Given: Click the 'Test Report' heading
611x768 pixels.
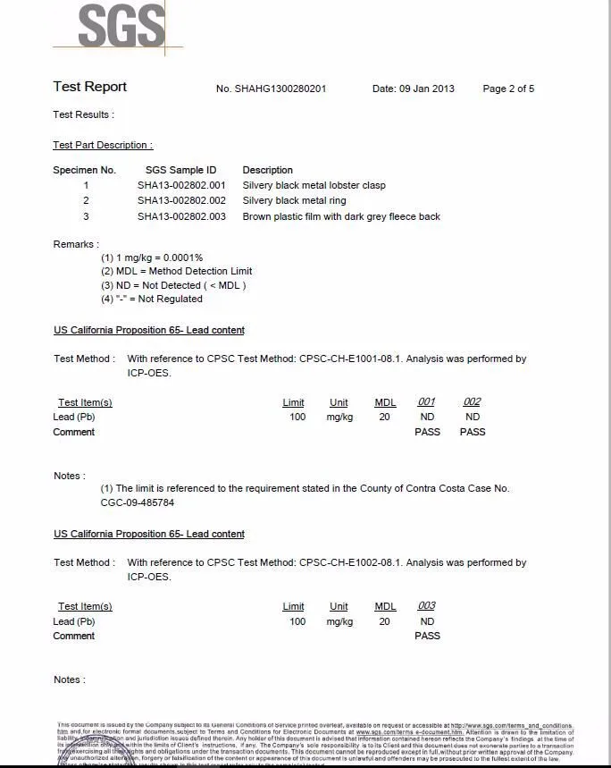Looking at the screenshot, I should coord(89,87).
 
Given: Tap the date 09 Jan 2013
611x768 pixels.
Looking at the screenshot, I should coord(414,89).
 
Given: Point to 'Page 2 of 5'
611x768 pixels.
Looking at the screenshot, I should coord(508,89).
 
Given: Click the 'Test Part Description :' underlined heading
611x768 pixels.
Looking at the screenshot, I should coord(103,145).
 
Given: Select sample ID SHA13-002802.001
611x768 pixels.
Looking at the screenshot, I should coord(181,185).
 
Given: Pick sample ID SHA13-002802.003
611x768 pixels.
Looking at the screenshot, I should coord(181,216).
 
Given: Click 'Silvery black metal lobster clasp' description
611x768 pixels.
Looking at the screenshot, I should coord(314,185).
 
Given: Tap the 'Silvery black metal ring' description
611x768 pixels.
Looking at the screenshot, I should coord(294,200).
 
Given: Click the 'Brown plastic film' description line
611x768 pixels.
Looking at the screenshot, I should coord(341,216).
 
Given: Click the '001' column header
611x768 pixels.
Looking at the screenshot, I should coord(426,402).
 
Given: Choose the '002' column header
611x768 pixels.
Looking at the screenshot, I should coord(472,402).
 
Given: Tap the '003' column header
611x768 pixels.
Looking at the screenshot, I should coord(426,606).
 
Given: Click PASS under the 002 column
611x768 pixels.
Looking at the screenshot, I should coord(473,432).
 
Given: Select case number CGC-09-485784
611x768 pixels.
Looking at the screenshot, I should coord(138,502).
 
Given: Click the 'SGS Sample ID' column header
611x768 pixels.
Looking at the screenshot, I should coord(180,170).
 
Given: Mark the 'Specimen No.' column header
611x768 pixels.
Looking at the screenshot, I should coord(84,170).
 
